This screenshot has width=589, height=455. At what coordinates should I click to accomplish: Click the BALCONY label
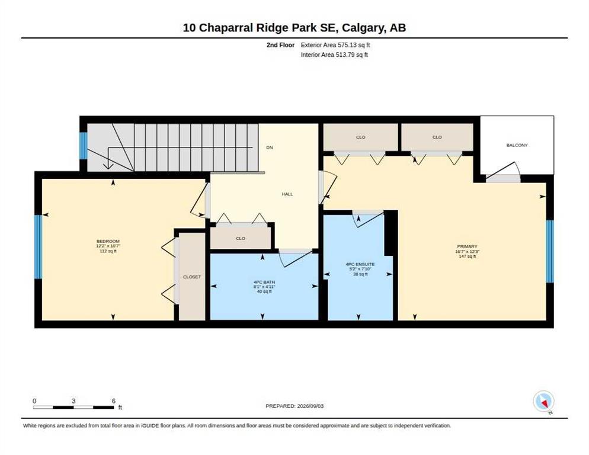[x=517, y=145]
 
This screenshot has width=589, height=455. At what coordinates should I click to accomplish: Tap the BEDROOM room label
[x=108, y=241]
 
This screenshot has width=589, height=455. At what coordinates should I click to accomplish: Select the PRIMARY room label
[x=468, y=246]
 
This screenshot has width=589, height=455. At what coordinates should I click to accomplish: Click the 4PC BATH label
[x=264, y=282]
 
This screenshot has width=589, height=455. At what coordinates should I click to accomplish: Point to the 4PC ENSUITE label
[x=360, y=264]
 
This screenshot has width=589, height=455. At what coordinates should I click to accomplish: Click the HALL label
[x=287, y=194]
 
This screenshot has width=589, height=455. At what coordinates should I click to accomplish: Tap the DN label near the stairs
[x=270, y=148]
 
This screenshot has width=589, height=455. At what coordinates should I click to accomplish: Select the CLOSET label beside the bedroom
[x=192, y=277]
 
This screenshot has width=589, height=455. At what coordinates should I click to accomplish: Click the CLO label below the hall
[x=241, y=238]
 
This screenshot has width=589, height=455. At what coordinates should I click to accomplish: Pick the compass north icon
[x=543, y=401]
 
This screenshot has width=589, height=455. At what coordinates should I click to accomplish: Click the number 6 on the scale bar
[x=113, y=401]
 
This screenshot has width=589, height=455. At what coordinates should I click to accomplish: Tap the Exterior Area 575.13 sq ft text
[x=335, y=45]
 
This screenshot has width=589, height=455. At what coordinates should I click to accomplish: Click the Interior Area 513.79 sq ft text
[x=334, y=55]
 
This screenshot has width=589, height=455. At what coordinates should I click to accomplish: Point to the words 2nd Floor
[x=281, y=45]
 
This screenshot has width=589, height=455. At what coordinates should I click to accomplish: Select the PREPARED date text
[x=294, y=406]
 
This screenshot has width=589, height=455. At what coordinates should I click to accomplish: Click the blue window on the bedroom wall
[x=38, y=247]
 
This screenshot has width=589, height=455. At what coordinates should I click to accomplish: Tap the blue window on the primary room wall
[x=549, y=251]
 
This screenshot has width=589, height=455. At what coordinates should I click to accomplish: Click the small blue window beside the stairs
[x=84, y=146]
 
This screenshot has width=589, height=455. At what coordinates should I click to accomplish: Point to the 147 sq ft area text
[x=468, y=257]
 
